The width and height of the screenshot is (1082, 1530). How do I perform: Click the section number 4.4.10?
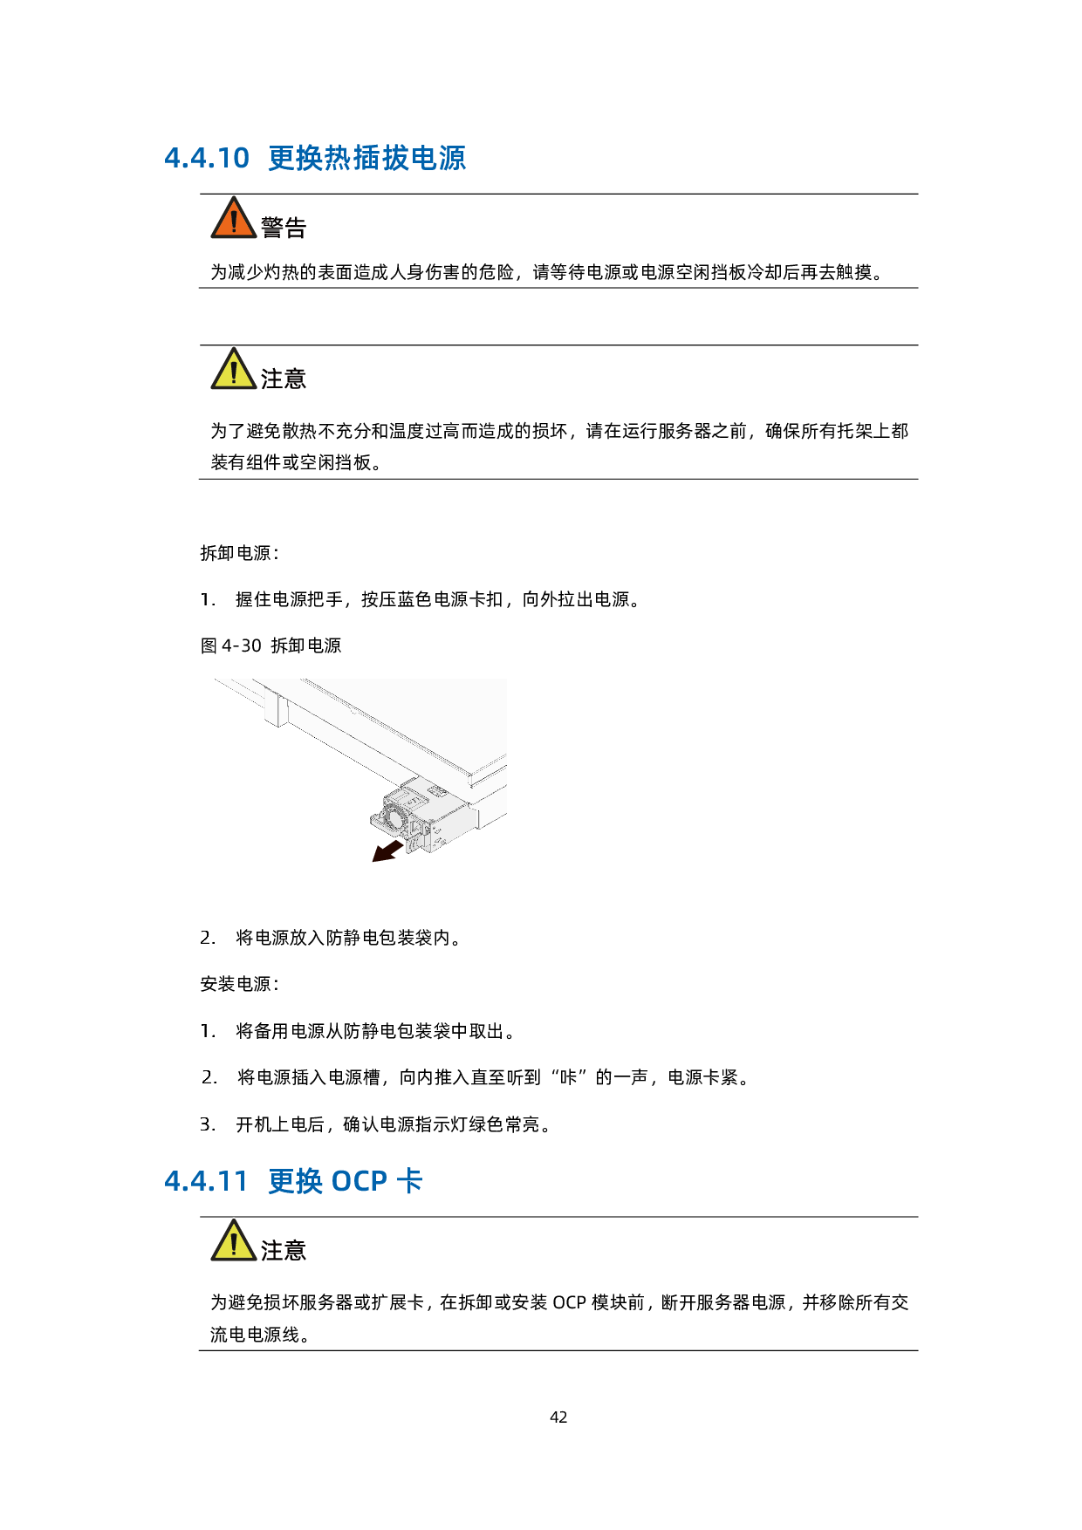pos(207,158)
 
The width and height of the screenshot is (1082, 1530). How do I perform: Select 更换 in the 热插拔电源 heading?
pos(296,158)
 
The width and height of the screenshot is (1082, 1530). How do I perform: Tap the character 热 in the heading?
pos(339,158)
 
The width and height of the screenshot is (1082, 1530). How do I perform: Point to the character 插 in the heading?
pos(366,158)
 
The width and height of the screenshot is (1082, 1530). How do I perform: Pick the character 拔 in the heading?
pos(395,158)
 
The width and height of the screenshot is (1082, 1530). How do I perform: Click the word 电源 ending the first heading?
pos(438,158)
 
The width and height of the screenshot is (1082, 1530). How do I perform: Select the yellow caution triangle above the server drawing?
pos(233,371)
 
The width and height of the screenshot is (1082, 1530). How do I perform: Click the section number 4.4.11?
pos(206,1181)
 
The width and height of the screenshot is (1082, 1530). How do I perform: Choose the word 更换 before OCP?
pos(296,1181)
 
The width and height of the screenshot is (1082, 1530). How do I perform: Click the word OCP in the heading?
pos(359,1181)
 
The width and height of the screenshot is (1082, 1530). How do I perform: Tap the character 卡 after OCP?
pos(409,1181)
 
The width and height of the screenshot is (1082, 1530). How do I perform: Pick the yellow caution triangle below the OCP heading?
pos(233,1242)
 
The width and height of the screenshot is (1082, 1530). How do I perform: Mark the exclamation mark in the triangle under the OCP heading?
pos(234,1244)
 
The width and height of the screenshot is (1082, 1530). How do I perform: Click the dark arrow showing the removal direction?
pos(387,850)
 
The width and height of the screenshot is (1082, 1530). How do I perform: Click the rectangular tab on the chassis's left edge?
pos(276,710)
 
